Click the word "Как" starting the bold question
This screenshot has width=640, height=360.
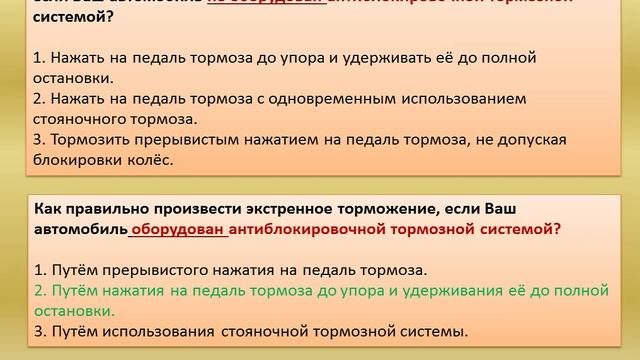point(48,209)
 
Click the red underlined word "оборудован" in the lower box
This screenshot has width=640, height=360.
point(178,229)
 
